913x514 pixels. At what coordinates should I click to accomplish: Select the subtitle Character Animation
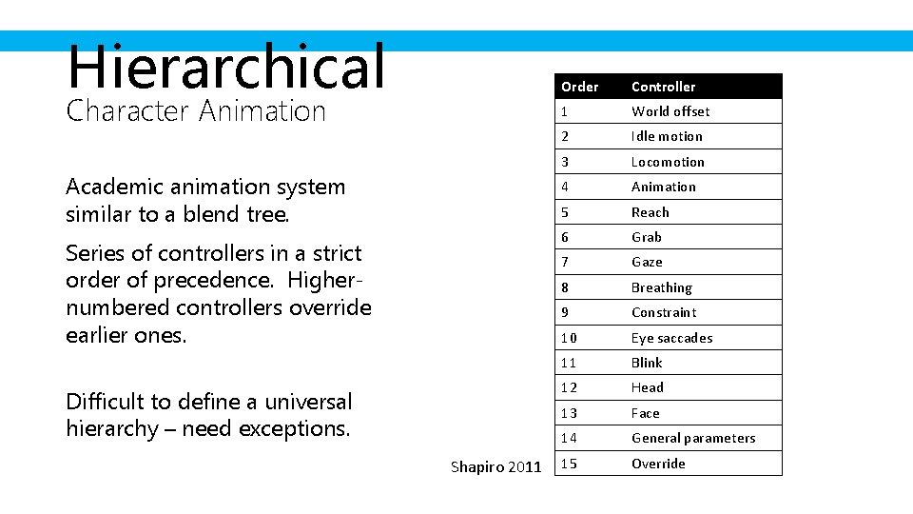point(196,111)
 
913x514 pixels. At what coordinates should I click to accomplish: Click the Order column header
point(579,87)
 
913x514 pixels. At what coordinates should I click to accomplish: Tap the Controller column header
point(663,87)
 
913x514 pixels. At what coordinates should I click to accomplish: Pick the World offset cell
point(670,111)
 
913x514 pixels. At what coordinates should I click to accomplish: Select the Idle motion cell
point(667,136)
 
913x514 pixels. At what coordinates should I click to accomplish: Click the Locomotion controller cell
point(668,162)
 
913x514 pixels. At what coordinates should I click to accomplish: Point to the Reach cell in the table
point(651,212)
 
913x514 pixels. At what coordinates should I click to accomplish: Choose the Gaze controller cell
point(647,262)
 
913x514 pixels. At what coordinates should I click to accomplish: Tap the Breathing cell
point(661,287)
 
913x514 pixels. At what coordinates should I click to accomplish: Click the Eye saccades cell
point(671,338)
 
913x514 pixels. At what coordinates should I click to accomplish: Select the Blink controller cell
point(647,363)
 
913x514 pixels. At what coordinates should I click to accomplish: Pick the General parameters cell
point(693,438)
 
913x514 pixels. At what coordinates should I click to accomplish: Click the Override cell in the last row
point(658,464)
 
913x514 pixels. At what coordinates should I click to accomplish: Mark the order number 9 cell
point(565,312)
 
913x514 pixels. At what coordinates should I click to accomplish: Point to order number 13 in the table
point(569,413)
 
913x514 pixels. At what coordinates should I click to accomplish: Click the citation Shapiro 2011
point(495,466)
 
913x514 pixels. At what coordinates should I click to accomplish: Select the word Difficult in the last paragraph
point(101,402)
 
